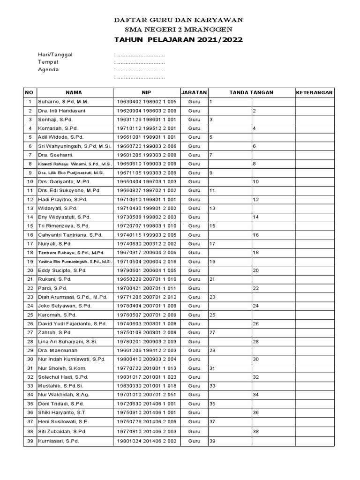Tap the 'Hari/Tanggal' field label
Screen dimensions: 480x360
[x=55, y=54]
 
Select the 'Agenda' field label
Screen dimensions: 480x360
[x=48, y=69]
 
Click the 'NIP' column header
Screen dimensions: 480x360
[x=147, y=92]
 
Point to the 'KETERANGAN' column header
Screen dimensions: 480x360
[x=314, y=92]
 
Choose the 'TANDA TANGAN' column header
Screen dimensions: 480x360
[x=251, y=92]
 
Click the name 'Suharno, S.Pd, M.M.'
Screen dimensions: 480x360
[x=63, y=102]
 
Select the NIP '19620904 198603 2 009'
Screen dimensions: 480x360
[x=146, y=111]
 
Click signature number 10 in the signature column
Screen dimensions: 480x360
[x=256, y=181]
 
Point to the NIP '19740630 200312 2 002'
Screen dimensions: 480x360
[x=146, y=244]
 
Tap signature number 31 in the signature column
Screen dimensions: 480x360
[x=212, y=368]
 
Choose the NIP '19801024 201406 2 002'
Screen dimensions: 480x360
[x=146, y=441]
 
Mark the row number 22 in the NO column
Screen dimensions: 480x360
[x=30, y=288]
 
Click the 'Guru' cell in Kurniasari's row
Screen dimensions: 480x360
[x=194, y=441]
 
